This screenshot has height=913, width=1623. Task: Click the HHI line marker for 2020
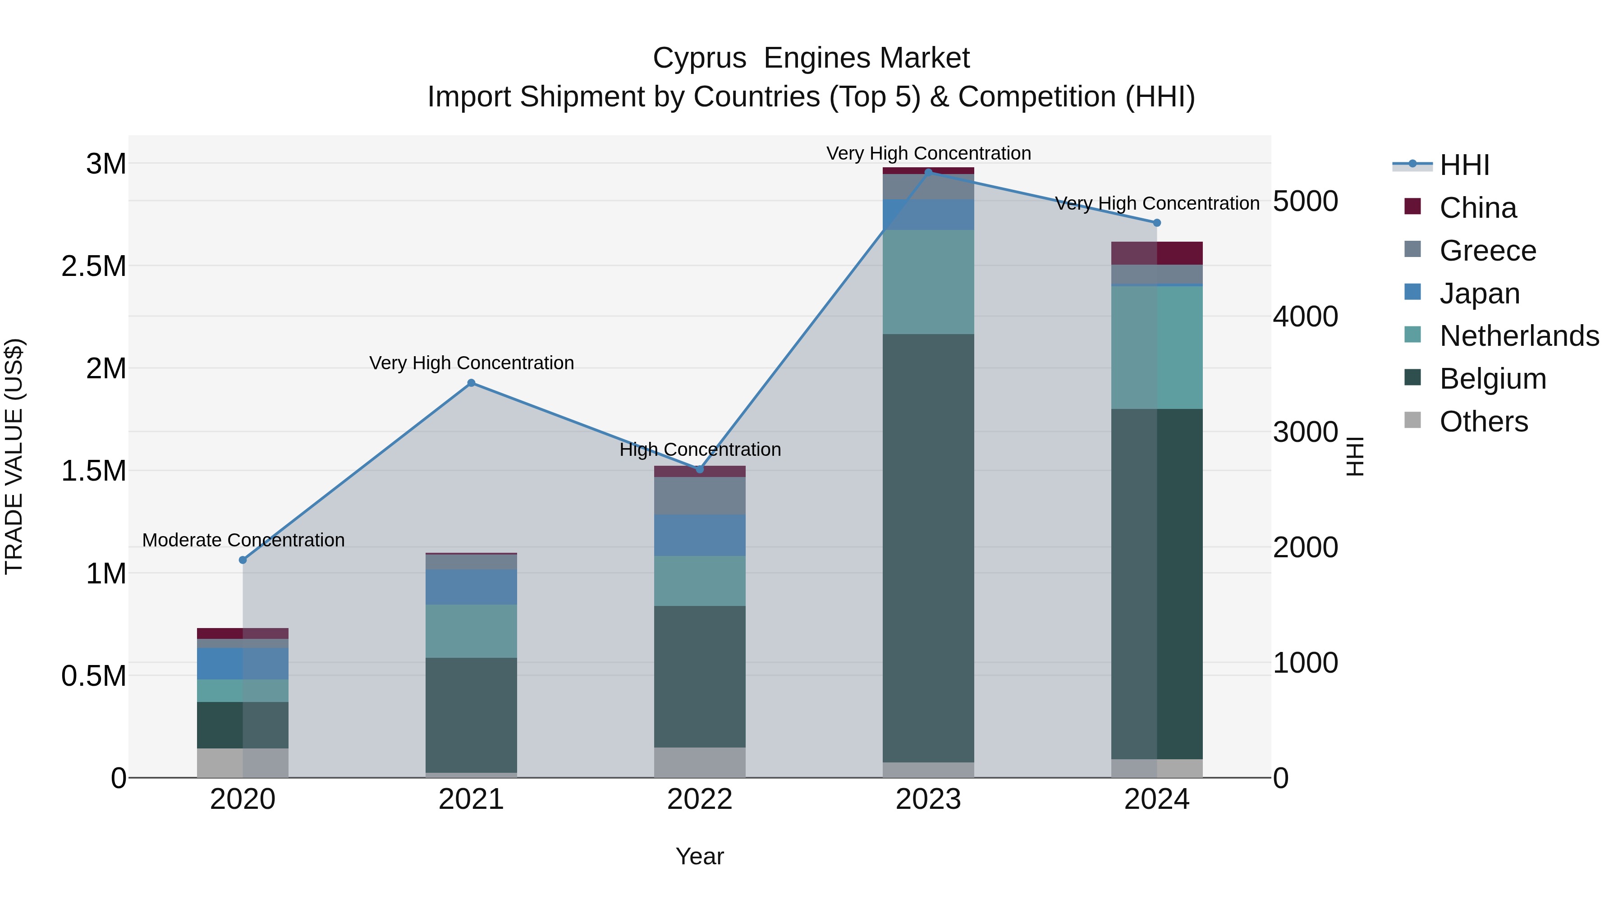[243, 560]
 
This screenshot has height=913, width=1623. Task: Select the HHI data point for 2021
[471, 383]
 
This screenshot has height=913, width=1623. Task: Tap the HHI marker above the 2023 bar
[928, 172]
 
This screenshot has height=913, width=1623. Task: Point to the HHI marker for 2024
[1157, 223]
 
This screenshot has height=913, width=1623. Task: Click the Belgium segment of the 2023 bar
[928, 548]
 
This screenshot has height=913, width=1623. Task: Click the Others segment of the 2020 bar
[243, 762]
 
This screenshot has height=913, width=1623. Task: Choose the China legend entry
[1477, 208]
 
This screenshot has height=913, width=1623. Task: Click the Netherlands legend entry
[1518, 336]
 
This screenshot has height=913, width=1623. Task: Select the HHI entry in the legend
[1463, 165]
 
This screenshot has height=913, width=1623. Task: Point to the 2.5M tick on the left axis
[95, 266]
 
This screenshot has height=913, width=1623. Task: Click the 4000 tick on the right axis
[1305, 317]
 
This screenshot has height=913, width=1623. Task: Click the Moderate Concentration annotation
[243, 540]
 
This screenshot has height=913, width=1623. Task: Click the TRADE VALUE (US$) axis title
[14, 456]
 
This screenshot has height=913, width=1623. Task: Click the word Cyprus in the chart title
[699, 58]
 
